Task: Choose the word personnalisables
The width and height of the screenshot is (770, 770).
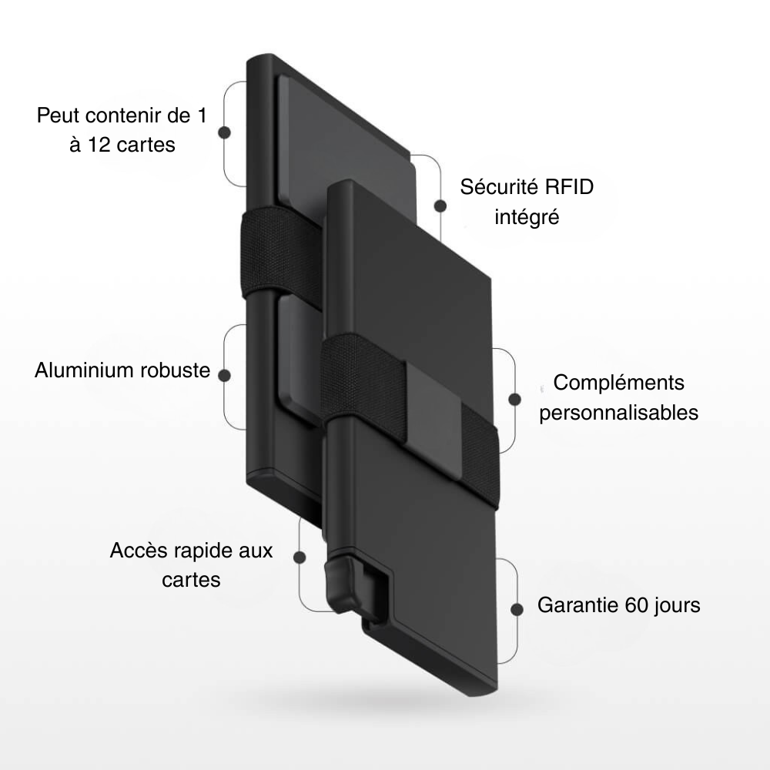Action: coord(618,413)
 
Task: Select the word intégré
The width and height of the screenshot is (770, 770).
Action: coord(527,217)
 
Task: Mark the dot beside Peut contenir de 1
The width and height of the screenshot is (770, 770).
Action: coord(225,132)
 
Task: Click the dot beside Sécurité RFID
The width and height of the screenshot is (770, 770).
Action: coord(440,206)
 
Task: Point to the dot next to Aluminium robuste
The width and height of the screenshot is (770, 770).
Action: coord(225,375)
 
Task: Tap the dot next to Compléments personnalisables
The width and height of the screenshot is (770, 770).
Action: coord(514,399)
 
